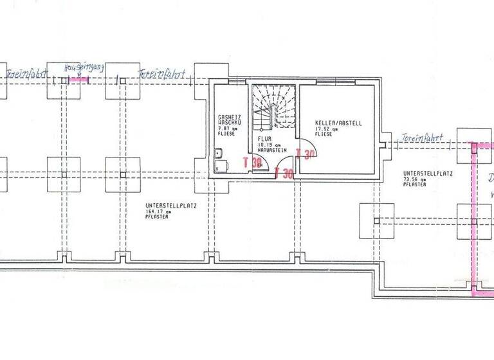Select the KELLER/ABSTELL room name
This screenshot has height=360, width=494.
(334, 122)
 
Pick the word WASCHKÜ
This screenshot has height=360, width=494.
(229, 122)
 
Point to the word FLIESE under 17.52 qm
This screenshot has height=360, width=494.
(324, 134)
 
